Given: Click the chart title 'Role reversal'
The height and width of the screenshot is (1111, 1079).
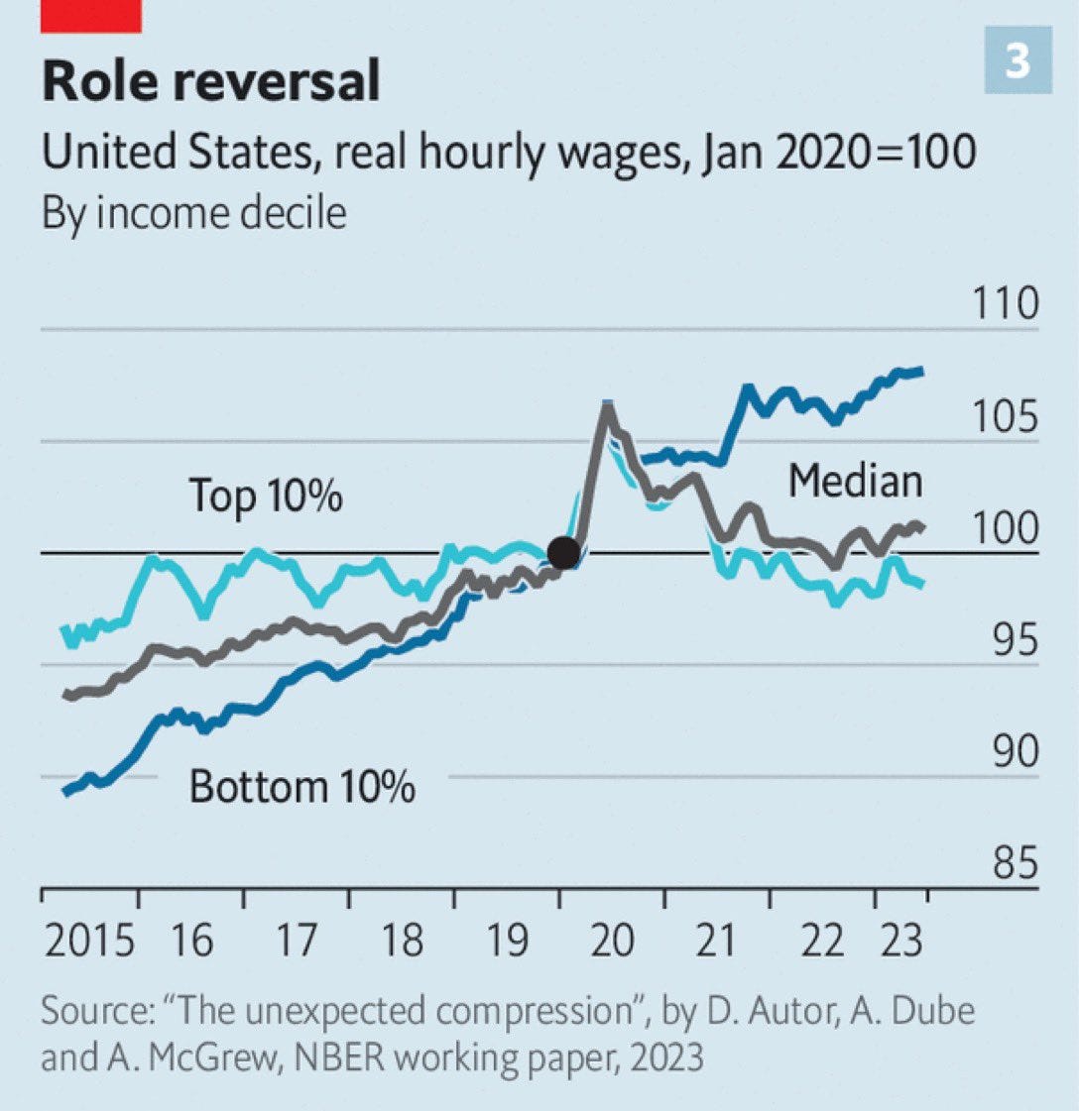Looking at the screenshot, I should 210,81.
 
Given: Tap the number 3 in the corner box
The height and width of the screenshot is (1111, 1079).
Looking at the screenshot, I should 1018,61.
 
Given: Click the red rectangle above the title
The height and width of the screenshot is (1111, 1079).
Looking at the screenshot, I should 91,16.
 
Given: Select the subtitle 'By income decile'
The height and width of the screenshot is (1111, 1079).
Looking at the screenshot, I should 194,213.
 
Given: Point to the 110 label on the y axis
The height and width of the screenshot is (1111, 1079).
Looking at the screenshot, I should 1005,303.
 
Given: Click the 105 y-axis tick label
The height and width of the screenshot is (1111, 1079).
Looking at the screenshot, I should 1005,416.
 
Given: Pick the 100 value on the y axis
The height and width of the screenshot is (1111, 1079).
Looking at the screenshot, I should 1005,528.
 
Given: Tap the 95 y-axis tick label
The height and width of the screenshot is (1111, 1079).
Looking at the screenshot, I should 1013,640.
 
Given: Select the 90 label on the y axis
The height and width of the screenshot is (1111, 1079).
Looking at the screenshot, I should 1013,752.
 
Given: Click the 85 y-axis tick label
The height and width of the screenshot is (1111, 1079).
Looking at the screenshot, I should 1013,864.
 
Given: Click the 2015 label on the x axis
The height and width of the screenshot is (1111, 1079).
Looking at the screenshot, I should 89,940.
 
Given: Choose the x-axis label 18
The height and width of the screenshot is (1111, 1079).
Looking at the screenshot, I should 402,940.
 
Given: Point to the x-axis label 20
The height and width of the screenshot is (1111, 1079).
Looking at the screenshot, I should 612,940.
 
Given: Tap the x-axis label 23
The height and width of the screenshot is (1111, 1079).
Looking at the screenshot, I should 900,940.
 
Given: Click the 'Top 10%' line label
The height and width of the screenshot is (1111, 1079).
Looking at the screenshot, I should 266,495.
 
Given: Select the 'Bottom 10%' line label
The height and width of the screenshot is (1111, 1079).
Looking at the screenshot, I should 301,787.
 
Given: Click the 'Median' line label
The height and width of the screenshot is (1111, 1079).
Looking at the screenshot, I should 855,482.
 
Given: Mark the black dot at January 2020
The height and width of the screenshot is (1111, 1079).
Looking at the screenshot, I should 564,552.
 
